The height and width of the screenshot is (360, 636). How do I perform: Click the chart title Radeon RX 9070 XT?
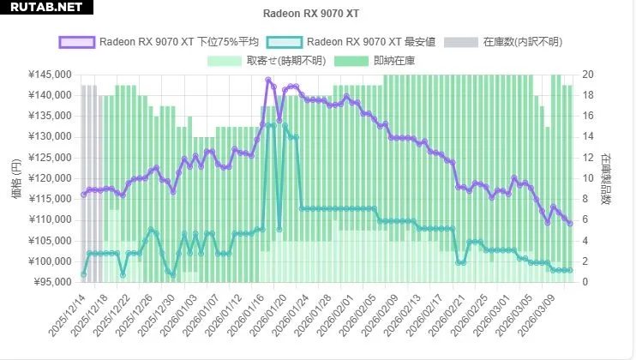click(x=317, y=15)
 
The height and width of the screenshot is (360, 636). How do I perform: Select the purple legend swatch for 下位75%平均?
click(x=76, y=41)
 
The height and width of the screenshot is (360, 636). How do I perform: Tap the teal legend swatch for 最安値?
click(x=284, y=41)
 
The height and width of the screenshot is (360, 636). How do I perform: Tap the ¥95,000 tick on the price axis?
click(x=51, y=282)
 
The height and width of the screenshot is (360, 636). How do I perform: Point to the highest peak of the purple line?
click(x=268, y=81)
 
